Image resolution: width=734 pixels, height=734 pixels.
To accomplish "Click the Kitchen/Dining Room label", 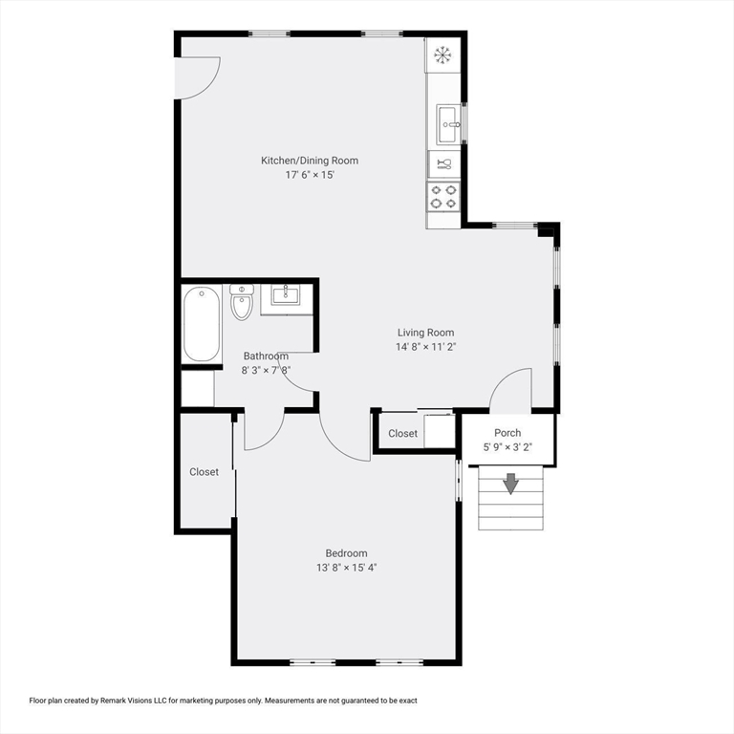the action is [310, 161].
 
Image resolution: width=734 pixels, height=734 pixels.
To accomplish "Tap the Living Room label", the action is [425, 333].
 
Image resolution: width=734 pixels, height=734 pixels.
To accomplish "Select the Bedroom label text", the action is [346, 553].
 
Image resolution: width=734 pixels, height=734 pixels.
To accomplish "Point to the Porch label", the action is [507, 433].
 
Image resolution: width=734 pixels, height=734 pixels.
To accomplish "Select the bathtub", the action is [202, 324].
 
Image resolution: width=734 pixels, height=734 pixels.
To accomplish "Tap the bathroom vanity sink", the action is [286, 295].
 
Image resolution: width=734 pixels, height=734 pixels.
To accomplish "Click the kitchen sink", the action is [449, 124].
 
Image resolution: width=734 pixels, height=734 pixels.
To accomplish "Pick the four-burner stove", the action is [443, 197].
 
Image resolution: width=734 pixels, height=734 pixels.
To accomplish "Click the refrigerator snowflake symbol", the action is [443, 55].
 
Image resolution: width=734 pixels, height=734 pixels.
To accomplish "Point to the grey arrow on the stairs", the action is [510, 484].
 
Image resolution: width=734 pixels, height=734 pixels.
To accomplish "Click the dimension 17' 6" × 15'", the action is [310, 175].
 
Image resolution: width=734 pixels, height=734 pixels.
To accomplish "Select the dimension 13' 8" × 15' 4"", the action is [346, 568].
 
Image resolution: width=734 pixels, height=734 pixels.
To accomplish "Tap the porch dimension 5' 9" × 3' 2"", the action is [507, 447].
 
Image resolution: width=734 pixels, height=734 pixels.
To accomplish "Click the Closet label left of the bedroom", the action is [204, 472].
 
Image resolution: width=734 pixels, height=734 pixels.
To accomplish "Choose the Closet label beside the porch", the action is [402, 434].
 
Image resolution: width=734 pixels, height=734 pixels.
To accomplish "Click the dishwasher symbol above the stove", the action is [444, 163].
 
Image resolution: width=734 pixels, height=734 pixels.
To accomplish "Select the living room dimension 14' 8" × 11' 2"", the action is [425, 347].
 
